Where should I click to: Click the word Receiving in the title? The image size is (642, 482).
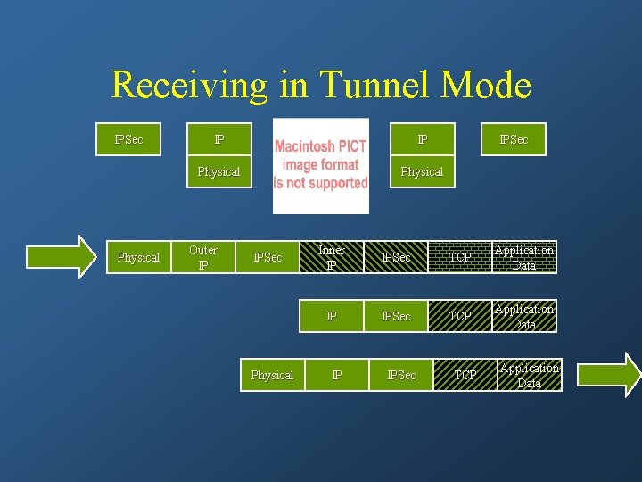(x=188, y=85)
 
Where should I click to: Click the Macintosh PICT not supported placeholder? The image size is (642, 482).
(x=320, y=165)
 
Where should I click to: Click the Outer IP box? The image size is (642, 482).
(x=203, y=257)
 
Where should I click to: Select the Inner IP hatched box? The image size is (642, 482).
(x=331, y=257)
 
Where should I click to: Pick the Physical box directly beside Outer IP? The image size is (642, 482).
(x=138, y=257)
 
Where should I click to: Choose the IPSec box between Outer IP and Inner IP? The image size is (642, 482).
(x=267, y=257)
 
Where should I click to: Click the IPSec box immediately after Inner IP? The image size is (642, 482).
(x=396, y=257)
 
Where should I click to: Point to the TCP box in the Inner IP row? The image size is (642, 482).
(x=460, y=257)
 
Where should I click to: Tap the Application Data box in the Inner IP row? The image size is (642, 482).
(x=524, y=257)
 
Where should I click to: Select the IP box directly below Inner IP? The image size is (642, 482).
(x=331, y=316)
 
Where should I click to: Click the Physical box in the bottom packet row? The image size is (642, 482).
(x=272, y=375)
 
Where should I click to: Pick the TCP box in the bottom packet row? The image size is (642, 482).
(x=465, y=375)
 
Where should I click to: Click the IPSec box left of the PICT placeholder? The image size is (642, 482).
(x=129, y=139)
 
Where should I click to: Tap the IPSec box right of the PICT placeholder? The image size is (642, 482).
(x=514, y=139)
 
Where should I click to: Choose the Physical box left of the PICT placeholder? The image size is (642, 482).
(x=218, y=171)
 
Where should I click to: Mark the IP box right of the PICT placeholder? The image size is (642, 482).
(x=422, y=139)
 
